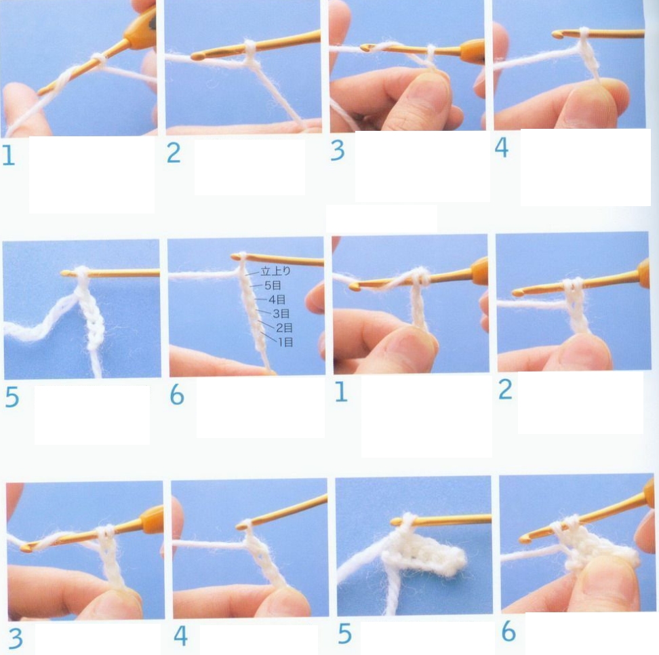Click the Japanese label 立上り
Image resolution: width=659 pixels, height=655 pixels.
pyautogui.click(x=275, y=271)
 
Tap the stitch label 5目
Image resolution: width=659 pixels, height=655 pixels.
pyautogui.click(x=273, y=286)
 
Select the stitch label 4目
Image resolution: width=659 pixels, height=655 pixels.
pyautogui.click(x=277, y=300)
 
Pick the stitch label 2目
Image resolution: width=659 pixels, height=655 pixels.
pyautogui.click(x=284, y=328)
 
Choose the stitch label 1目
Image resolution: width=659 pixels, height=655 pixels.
pyautogui.click(x=286, y=342)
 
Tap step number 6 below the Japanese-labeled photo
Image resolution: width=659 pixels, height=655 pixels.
pyautogui.click(x=177, y=395)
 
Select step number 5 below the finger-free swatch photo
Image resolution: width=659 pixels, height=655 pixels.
pyautogui.click(x=344, y=634)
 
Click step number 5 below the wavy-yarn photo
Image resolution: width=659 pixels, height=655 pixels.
pyautogui.click(x=12, y=397)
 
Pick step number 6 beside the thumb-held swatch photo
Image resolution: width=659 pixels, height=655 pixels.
pyautogui.click(x=508, y=631)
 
